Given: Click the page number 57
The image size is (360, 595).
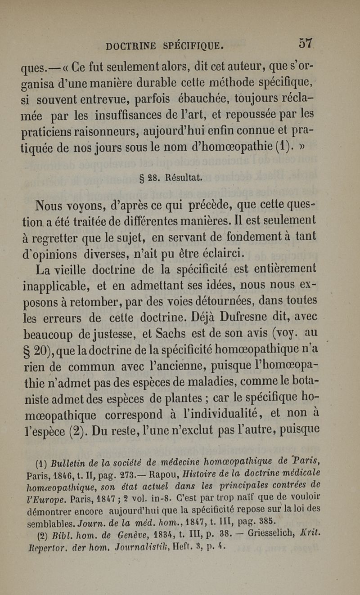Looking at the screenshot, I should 306,44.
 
